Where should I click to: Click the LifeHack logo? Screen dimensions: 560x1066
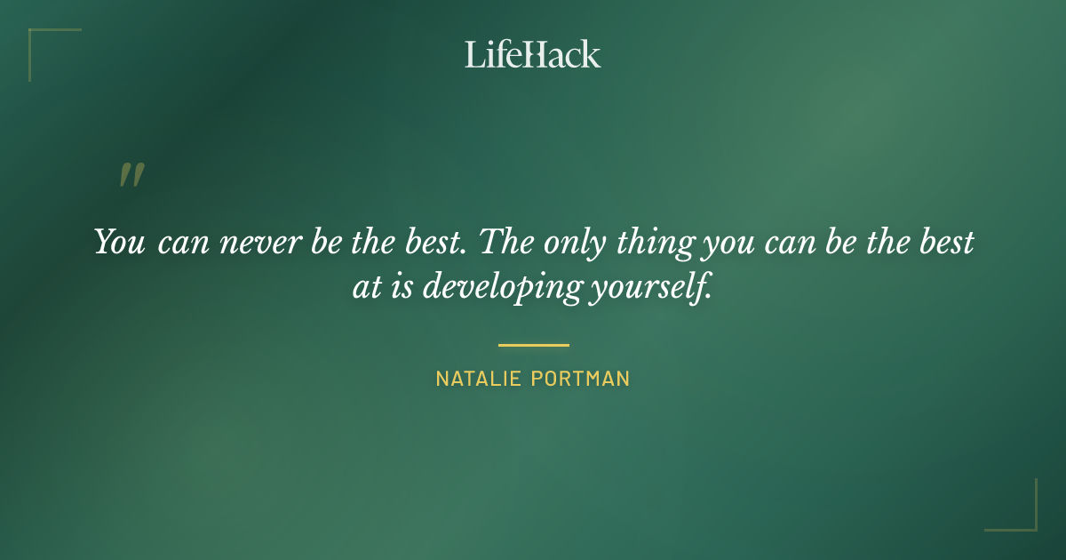532,54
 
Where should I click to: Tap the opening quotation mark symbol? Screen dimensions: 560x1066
131,175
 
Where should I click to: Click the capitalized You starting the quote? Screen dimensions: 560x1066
119,243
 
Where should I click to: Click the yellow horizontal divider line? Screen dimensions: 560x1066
533,345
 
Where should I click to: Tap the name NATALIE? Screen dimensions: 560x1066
479,379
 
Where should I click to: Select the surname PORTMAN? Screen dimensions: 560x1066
580,379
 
